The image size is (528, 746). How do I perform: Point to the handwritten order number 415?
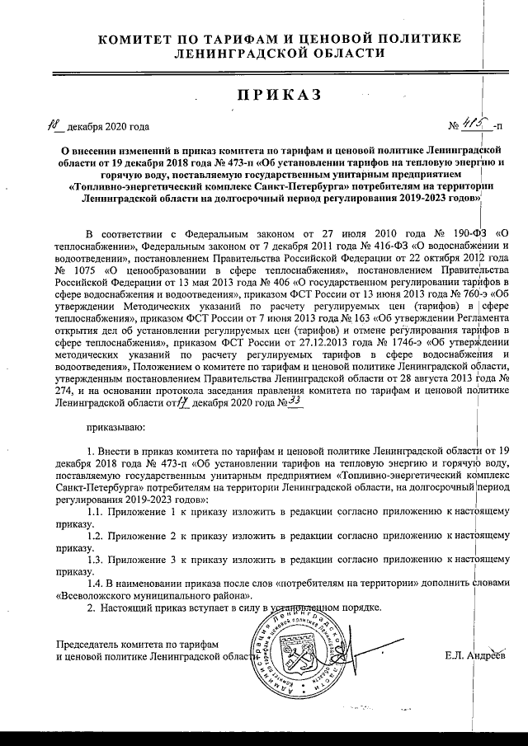476,125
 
